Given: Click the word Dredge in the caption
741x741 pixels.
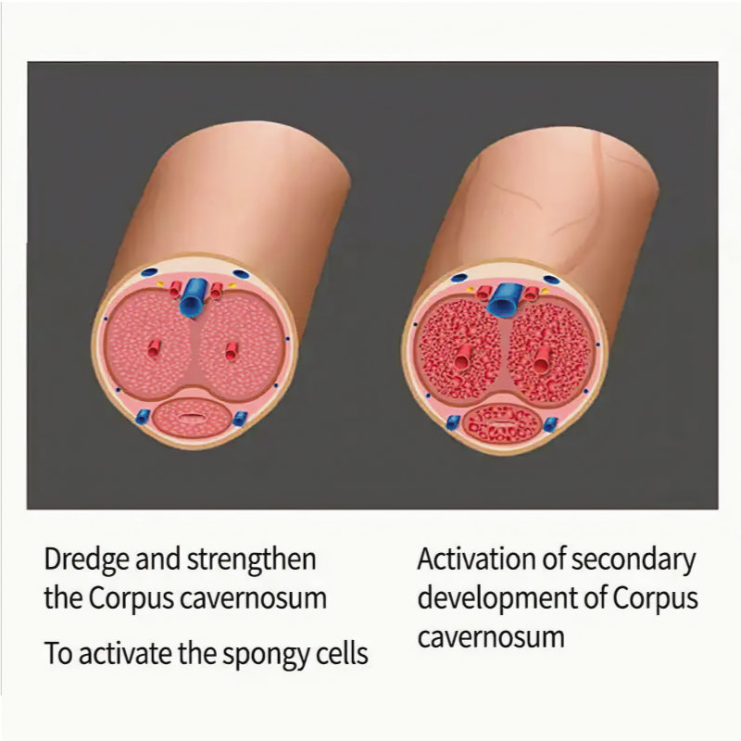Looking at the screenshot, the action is tap(86, 560).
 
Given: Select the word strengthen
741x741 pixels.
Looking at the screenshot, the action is tap(251, 559).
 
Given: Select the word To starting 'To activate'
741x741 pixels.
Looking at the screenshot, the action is tap(58, 654).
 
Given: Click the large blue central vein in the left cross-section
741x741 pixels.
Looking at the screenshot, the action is tap(193, 296).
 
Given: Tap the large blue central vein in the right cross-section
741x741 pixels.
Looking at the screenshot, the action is tap(505, 299).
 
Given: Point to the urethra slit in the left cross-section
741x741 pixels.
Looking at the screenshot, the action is tap(191, 417).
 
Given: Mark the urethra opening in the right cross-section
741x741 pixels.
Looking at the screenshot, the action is tap(501, 422).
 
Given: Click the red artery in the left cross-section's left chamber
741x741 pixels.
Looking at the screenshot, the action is tap(154, 349).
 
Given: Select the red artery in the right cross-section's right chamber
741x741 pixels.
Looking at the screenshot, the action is tap(542, 359).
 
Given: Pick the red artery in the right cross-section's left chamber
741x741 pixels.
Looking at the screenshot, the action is tap(463, 358).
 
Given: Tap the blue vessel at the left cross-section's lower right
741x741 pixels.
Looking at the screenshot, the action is tap(240, 419).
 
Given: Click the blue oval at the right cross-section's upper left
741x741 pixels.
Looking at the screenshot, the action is tap(458, 278).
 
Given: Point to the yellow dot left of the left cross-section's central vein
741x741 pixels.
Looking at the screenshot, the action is tap(160, 284).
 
